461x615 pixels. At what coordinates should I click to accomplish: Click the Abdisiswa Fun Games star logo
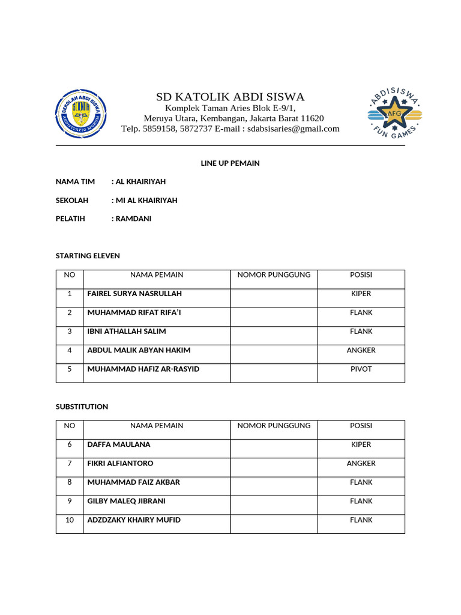coord(394,113)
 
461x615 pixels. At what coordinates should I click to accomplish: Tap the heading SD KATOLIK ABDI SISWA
coord(230,97)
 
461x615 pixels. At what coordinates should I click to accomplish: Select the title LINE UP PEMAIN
coord(230,163)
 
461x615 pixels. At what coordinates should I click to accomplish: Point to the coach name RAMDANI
coord(133,219)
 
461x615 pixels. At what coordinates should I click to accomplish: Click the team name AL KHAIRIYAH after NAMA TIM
coord(140,181)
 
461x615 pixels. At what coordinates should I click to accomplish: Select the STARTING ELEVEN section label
coord(88,256)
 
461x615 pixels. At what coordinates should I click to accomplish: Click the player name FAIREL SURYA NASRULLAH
coord(134,294)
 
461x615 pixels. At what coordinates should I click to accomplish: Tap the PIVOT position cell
coord(361,369)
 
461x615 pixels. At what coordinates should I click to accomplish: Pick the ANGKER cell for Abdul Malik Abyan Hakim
coord(361,350)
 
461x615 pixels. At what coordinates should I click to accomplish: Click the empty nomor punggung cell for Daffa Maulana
coord(274,444)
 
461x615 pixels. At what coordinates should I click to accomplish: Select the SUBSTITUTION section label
coord(82,407)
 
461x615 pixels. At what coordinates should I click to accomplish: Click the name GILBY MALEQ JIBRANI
coord(127,501)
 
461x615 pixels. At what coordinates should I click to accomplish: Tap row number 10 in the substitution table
coord(70,520)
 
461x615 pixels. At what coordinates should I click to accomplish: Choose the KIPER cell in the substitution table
coord(361,444)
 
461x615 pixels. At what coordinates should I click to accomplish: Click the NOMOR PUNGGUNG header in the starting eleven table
coord(274,274)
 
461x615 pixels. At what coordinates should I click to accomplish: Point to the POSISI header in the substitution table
coord(361,425)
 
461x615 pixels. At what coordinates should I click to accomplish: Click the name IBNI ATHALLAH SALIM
coord(127,332)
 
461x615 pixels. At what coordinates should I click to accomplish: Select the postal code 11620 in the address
coord(312,118)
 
